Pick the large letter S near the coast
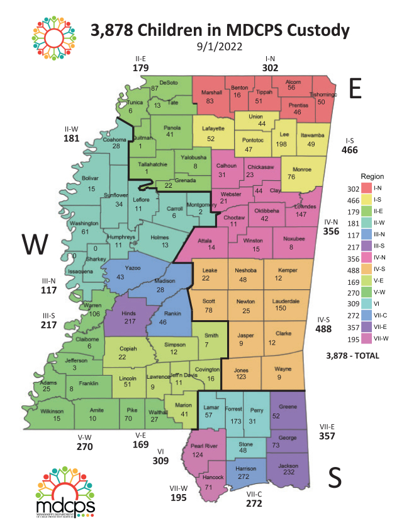(x=335, y=479)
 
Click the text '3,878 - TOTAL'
(x=352, y=356)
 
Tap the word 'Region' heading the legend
(x=372, y=176)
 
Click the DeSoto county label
(x=169, y=83)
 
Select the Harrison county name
(x=245, y=470)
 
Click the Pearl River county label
(x=206, y=446)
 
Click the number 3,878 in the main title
(x=116, y=30)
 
